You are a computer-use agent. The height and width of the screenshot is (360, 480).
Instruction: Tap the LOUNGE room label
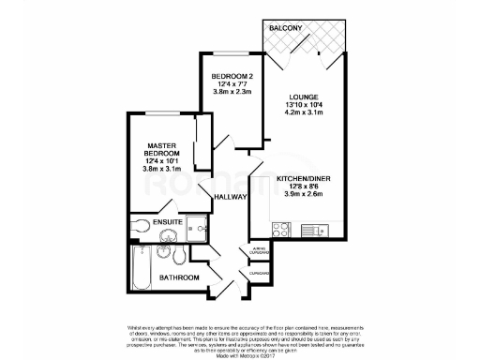tap(302, 95)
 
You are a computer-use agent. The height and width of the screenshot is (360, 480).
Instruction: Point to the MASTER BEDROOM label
tap(160, 147)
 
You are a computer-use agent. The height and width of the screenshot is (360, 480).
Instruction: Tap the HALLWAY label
tap(230, 197)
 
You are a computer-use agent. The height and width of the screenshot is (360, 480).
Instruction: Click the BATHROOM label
tap(178, 277)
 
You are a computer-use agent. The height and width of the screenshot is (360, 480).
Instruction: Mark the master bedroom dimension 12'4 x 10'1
tap(160, 162)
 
